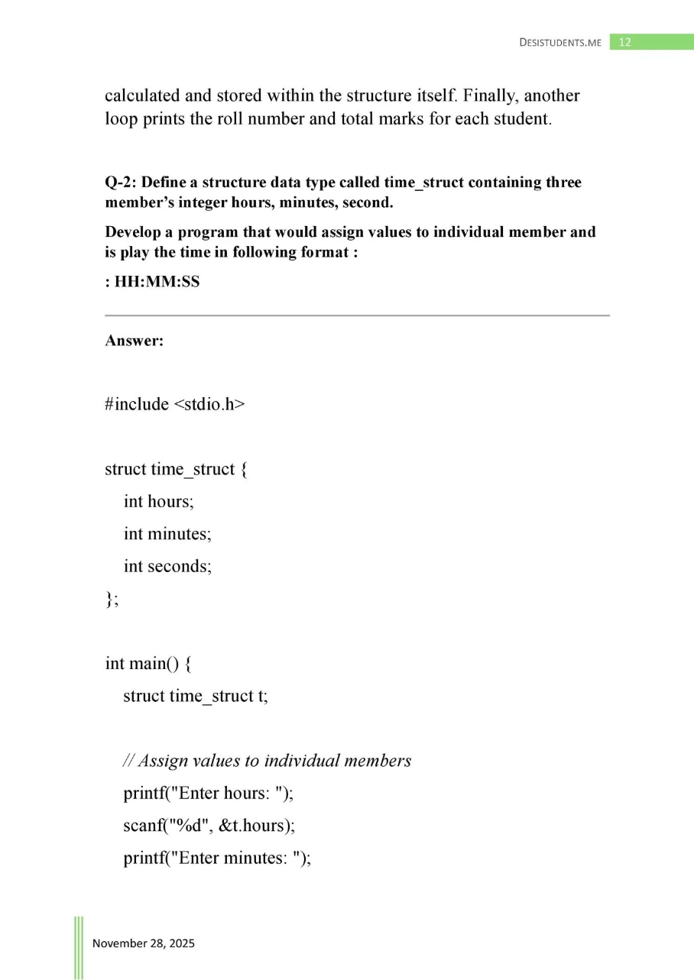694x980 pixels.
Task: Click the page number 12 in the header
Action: (624, 43)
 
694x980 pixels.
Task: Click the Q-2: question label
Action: (121, 183)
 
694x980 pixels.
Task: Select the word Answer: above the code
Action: (134, 341)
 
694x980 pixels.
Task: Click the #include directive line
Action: (175, 404)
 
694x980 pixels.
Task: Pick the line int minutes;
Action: (167, 534)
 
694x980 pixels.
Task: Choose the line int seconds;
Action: (167, 566)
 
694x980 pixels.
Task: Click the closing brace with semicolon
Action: (112, 599)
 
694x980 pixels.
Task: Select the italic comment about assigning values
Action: (268, 761)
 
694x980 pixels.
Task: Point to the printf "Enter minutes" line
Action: (217, 858)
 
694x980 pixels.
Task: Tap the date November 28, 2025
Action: (144, 943)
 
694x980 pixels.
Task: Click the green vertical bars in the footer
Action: (79, 947)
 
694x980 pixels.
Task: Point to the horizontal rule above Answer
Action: (357, 315)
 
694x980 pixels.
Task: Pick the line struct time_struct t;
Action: (196, 696)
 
